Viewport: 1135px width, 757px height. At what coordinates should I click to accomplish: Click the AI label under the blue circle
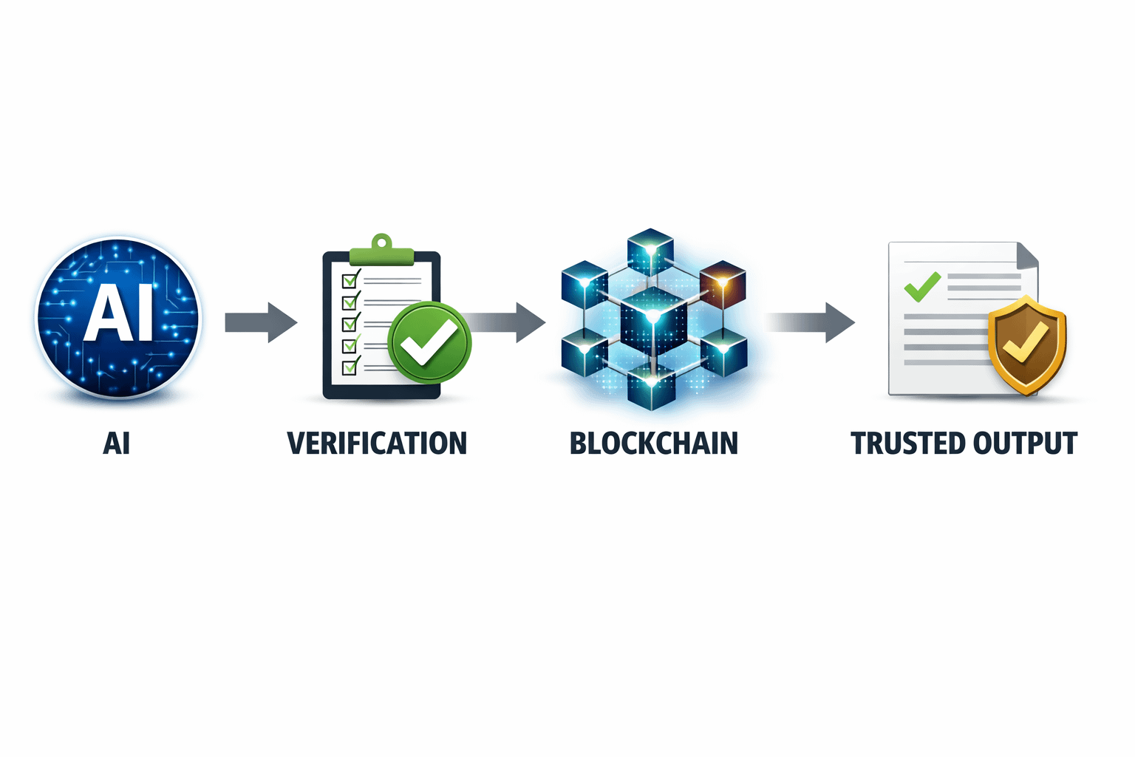pos(117,444)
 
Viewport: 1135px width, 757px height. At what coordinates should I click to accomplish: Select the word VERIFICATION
pos(377,444)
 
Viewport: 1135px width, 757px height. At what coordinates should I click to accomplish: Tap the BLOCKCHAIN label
pos(654,444)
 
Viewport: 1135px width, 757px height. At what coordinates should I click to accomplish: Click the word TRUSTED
pos(907,444)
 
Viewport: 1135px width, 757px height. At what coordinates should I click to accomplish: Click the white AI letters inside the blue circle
pos(118,313)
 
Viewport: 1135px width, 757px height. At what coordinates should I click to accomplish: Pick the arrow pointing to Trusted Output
pos(813,322)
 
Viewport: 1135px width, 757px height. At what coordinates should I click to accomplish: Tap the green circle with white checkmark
pos(429,342)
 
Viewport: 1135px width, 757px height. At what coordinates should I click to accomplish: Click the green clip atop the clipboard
pos(381,251)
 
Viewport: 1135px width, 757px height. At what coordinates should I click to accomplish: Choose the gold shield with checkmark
pos(1027,344)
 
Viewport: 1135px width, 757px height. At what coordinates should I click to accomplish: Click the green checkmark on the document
pos(922,286)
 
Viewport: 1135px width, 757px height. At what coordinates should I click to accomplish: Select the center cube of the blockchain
pos(653,321)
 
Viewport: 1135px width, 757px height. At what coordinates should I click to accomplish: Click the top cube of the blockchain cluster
pos(650,252)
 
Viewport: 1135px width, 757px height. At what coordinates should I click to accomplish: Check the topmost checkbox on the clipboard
pos(350,280)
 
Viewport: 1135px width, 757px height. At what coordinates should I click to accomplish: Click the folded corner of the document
pos(1028,256)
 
